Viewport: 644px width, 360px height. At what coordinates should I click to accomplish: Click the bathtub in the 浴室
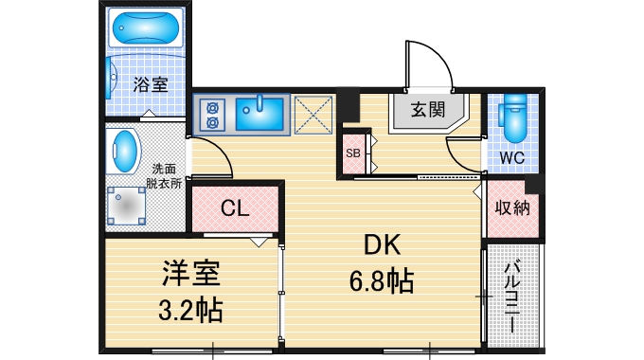coord(144,30)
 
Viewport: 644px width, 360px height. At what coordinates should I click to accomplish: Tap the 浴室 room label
coord(151,84)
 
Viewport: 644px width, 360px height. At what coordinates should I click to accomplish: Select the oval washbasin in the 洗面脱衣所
coord(124,149)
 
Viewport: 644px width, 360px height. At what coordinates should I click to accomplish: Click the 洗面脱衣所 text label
coord(164,174)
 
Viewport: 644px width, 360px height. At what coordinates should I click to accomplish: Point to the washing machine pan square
coord(125,204)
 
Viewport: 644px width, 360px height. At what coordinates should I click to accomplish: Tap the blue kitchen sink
coord(258,113)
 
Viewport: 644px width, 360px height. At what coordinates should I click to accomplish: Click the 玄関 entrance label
coord(428,109)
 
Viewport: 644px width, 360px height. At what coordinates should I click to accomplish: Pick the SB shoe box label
coord(352,153)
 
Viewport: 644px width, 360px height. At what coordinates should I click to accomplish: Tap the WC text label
coord(512,156)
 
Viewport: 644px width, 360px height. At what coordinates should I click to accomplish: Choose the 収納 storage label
coord(512,208)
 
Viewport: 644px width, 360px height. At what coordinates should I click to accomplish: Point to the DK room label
coord(384,245)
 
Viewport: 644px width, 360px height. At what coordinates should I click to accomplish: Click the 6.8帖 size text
coord(384,281)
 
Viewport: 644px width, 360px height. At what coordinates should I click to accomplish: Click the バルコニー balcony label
coord(512,295)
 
